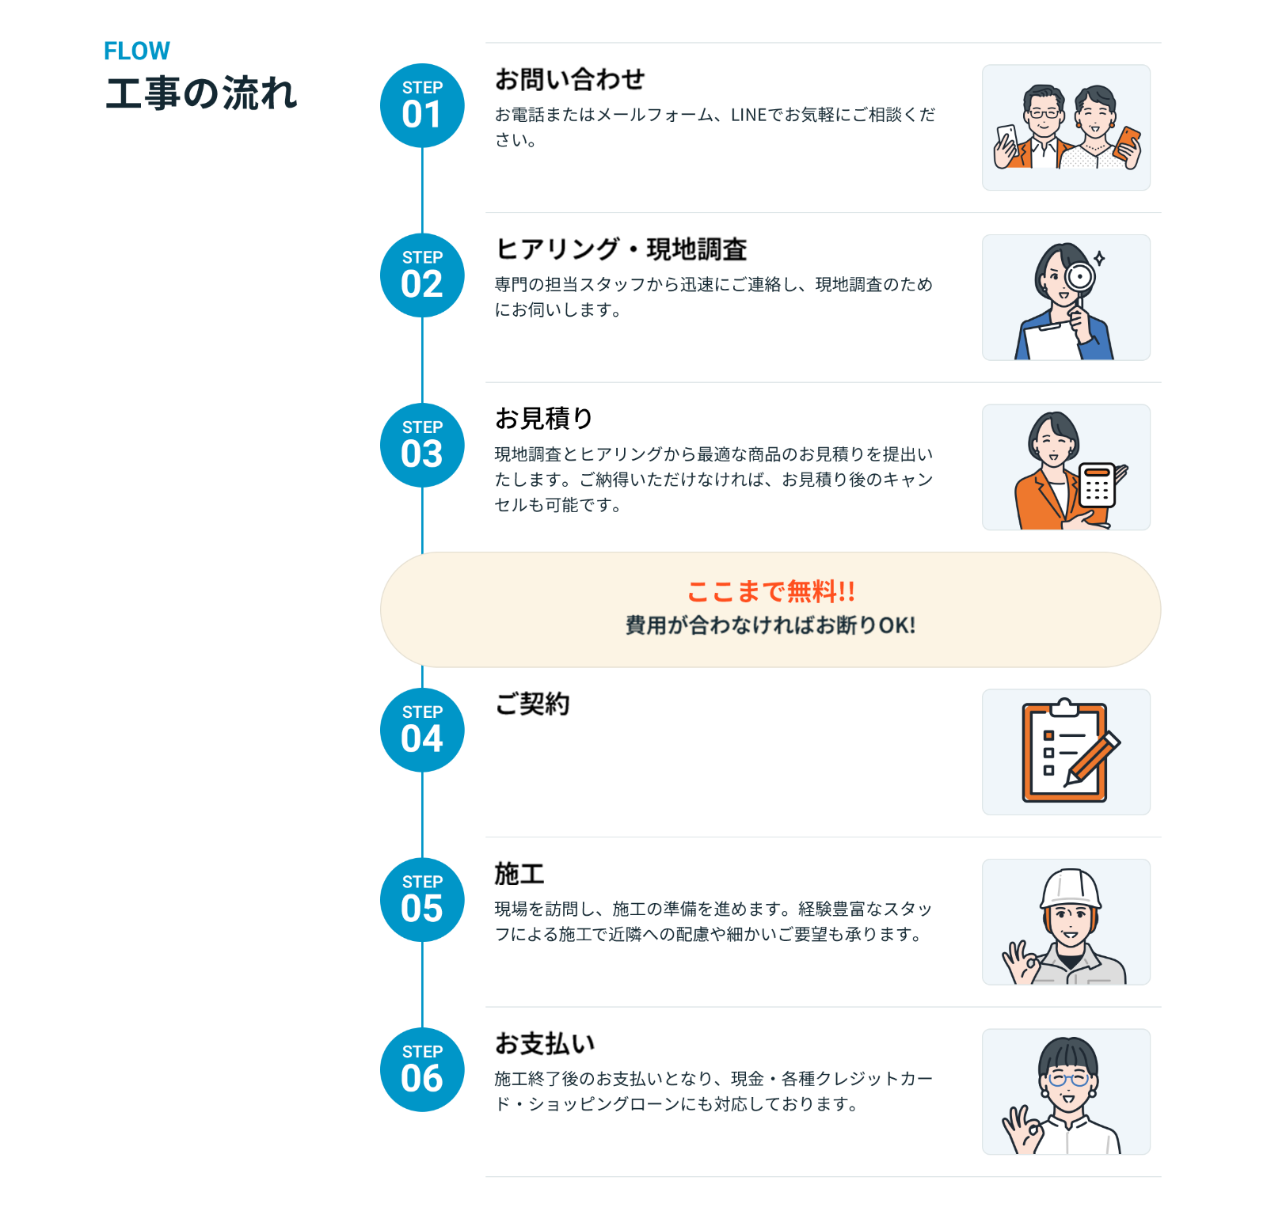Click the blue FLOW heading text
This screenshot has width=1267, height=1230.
point(136,51)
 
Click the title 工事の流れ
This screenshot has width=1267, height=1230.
point(201,93)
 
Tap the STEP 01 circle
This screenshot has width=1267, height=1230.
point(422,105)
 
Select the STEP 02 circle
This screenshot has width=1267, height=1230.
point(422,275)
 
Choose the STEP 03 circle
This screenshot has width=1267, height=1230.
point(422,445)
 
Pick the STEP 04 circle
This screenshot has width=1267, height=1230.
point(422,730)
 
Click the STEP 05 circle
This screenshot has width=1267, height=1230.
point(422,899)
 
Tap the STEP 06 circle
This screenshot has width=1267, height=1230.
point(422,1069)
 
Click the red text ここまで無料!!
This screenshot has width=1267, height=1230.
point(770,591)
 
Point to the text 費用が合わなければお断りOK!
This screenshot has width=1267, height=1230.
point(770,625)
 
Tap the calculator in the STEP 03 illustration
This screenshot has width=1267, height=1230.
point(1098,484)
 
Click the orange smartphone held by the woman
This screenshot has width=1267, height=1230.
point(1126,143)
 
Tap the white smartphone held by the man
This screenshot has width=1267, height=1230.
point(1007,140)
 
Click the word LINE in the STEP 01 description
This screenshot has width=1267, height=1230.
point(748,115)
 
